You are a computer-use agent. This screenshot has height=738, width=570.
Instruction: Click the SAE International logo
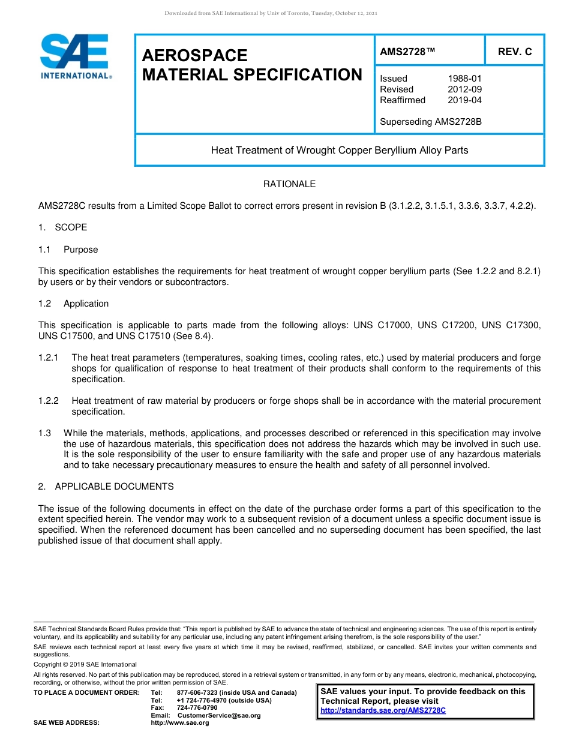75,56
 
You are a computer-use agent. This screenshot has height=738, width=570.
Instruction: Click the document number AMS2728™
407,52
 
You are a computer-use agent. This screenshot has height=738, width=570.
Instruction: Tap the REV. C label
515,52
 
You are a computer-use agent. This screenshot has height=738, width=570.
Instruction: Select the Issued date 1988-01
464,79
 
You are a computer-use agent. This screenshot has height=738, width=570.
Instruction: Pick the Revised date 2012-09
464,89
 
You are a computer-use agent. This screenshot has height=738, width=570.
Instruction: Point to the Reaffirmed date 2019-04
464,100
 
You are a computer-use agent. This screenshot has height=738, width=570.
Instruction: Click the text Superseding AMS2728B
431,122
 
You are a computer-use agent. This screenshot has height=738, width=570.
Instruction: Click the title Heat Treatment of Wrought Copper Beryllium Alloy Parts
339,150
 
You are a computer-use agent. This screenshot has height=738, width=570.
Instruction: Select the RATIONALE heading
289,184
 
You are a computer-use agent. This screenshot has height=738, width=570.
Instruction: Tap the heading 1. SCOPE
62,227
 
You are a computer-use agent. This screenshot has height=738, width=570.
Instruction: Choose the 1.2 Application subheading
73,304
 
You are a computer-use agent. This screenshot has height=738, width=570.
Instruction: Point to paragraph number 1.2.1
48,358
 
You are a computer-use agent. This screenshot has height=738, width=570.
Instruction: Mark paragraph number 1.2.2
48,401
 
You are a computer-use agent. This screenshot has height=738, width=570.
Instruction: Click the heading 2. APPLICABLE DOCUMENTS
106,487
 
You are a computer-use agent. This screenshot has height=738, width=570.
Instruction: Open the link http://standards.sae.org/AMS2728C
383,710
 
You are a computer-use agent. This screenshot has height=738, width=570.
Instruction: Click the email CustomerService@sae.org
219,715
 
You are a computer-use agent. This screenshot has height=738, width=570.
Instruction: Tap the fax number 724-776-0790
197,708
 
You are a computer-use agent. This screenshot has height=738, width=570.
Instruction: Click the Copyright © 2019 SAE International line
85,664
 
